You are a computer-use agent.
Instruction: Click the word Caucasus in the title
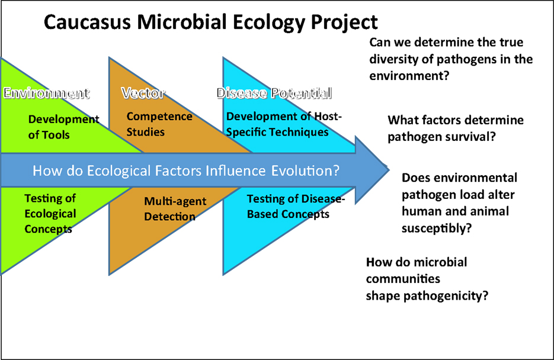tap(88, 22)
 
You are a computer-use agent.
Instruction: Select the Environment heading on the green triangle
tap(46, 93)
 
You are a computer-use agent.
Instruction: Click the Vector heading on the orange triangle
tap(143, 93)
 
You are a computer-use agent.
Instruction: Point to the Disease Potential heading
tap(274, 93)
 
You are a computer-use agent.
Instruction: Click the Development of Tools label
tap(63, 127)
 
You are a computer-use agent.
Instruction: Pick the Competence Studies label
tap(159, 124)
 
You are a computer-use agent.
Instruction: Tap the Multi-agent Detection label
tap(175, 208)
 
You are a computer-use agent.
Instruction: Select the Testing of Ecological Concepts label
tap(50, 214)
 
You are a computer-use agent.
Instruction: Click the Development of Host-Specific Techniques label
tap(284, 124)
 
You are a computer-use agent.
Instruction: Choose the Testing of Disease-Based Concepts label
tap(296, 207)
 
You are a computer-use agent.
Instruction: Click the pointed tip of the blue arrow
tap(389, 170)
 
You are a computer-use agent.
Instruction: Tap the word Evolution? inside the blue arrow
tap(305, 171)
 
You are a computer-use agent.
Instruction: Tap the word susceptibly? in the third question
tap(437, 229)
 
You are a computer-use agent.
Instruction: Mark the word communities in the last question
tap(403, 279)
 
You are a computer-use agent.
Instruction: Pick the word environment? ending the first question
tap(409, 76)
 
